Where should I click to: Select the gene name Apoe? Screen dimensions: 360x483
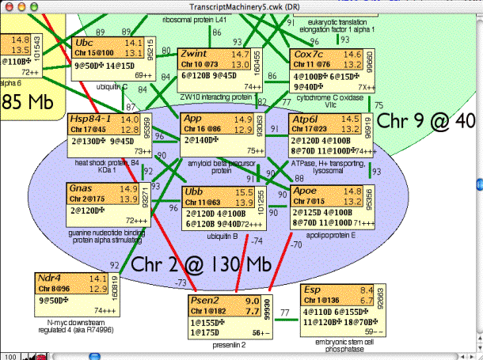pos(306,191)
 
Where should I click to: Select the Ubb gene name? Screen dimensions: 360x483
pos(193,192)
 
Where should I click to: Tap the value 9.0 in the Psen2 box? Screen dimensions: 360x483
pos(252,301)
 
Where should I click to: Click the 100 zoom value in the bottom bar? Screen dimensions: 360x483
pos(10,354)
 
